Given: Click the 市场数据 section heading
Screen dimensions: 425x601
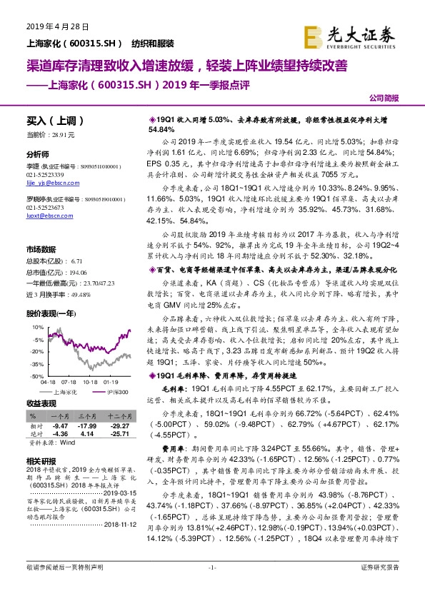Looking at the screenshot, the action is [41, 249].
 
